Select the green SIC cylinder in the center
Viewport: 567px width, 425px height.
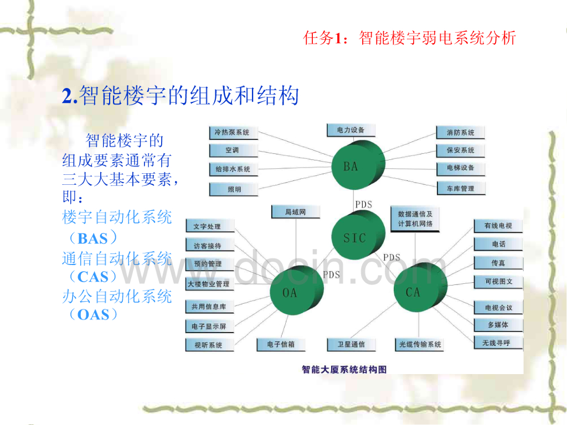coord(355,237)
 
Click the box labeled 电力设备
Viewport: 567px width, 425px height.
coord(351,130)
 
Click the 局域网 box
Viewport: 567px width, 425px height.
coord(296,212)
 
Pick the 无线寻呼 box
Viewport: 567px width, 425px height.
coord(492,343)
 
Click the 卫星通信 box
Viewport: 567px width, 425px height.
coord(351,345)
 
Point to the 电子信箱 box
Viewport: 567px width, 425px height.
coord(281,345)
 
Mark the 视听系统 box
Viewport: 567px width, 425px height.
coord(209,345)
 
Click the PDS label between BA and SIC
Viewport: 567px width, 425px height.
coord(364,205)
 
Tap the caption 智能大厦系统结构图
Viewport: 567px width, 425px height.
coord(344,369)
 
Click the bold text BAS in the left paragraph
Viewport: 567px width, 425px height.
coord(93,239)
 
